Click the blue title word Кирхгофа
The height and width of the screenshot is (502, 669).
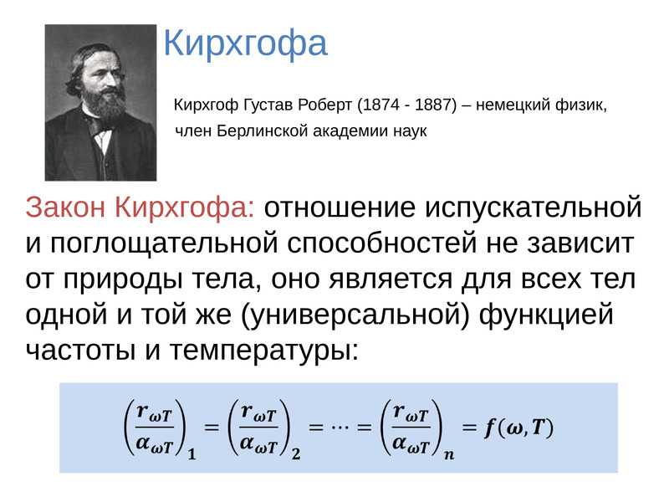(244, 44)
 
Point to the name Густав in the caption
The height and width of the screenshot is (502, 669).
(271, 106)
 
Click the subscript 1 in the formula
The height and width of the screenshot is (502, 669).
(192, 454)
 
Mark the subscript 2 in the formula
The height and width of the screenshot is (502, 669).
(296, 454)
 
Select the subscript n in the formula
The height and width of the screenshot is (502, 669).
(450, 454)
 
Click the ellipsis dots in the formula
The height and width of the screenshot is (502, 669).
(340, 427)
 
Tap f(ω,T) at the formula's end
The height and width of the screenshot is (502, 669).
(518, 428)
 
